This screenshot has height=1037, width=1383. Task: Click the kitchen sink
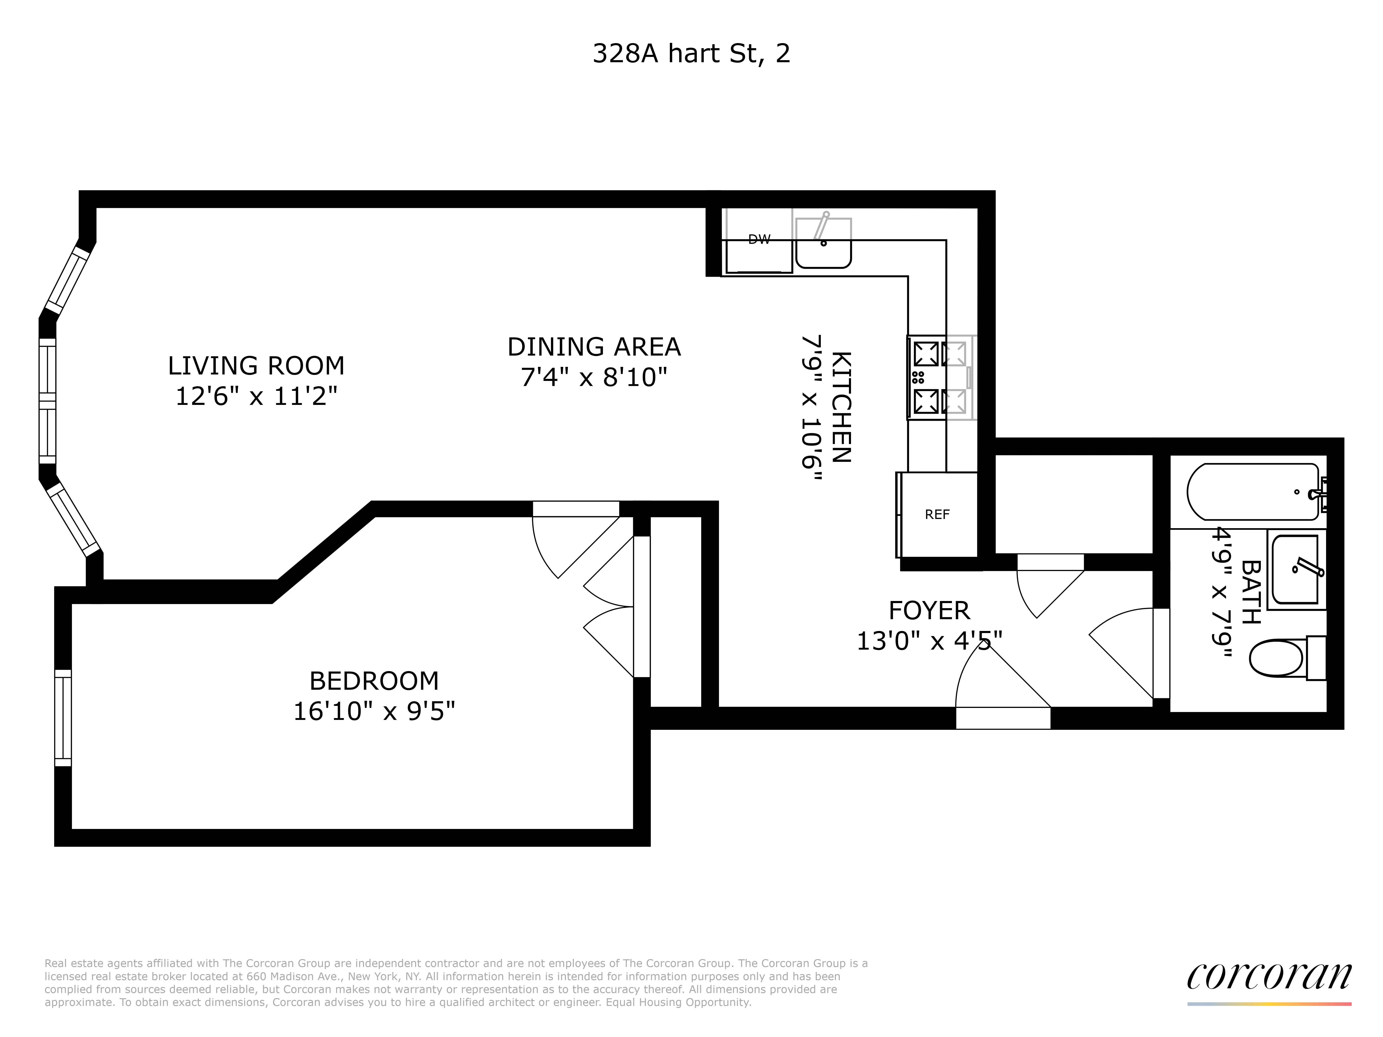pyautogui.click(x=823, y=244)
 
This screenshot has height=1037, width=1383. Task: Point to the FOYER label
pyautogui.click(x=929, y=610)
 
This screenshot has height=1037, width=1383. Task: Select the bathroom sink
pyautogui.click(x=1295, y=569)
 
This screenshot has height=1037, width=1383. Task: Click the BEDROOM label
pyautogui.click(x=374, y=681)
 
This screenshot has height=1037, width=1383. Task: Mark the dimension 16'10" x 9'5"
pyautogui.click(x=374, y=711)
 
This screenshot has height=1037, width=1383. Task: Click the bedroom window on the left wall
pyautogui.click(x=63, y=718)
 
